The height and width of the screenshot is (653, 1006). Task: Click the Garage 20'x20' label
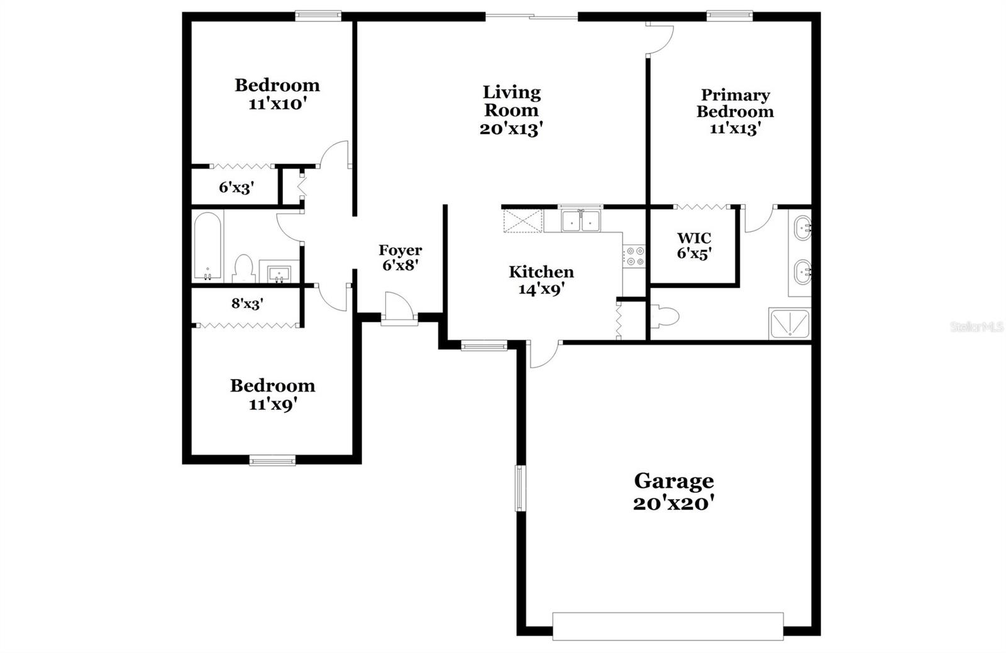pos(673,492)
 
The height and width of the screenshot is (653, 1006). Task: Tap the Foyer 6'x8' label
pos(400,258)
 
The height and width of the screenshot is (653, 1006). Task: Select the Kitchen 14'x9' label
pos(541,280)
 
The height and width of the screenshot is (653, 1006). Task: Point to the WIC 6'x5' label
pos(694,246)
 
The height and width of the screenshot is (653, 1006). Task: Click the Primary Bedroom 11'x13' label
pos(735,112)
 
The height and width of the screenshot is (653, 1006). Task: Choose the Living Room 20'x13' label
pos(511,111)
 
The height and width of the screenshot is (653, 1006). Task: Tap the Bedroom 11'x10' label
pos(277,94)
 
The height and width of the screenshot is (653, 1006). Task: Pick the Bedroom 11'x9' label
pos(272,395)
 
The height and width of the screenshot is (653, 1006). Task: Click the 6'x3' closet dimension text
pos(236,187)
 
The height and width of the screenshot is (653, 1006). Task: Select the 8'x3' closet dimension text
pos(247,304)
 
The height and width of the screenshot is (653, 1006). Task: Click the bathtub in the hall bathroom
pos(207,247)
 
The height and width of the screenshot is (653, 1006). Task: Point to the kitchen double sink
pos(581,221)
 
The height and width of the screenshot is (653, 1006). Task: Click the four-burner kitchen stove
pos(634,256)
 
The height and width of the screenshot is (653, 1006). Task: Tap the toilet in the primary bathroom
pos(664,316)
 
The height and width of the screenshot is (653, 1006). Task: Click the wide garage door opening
pos(668,626)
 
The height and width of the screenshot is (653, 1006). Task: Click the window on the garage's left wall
pos(520,488)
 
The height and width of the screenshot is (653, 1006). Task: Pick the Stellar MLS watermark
pos(976,327)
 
